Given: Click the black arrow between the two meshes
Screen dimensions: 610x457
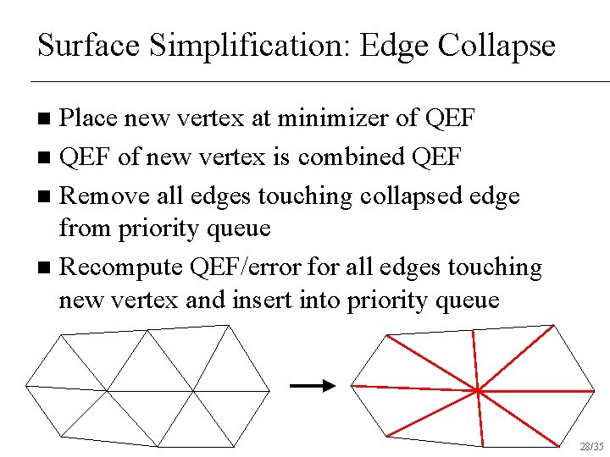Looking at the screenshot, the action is (312, 386).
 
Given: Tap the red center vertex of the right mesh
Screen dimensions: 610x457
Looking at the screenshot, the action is (478, 391).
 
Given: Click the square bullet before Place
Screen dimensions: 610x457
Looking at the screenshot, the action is (46, 118).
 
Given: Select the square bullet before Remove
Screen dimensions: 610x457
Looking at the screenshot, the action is (46, 196).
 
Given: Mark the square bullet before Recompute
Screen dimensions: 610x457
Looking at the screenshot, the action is (46, 268).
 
